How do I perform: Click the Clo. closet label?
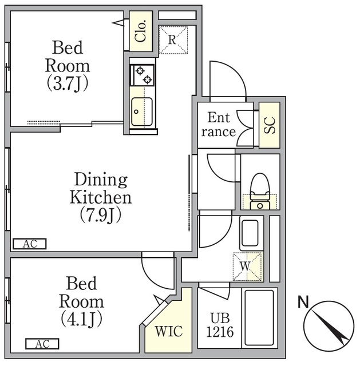pyautogui.click(x=141, y=31)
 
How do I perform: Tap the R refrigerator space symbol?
pyautogui.click(x=173, y=40)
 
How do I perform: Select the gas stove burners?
pyautogui.click(x=142, y=75)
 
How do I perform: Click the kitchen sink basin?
pyautogui.click(x=142, y=112)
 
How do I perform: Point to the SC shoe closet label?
pyautogui.click(x=270, y=125)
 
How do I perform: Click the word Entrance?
pyautogui.click(x=219, y=125)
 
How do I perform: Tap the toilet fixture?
pyautogui.click(x=260, y=192)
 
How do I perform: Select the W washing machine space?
pyautogui.click(x=247, y=266)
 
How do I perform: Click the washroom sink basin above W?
pyautogui.click(x=250, y=233)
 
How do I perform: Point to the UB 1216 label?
pyautogui.click(x=220, y=325)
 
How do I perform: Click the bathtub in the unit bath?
pyautogui.click(x=259, y=318)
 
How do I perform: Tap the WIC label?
pyautogui.click(x=169, y=331)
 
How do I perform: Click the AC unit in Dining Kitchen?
pyautogui.click(x=30, y=244)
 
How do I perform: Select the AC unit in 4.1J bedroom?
pyautogui.click(x=42, y=344)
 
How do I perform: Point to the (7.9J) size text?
pyautogui.click(x=101, y=215)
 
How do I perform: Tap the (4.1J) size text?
pyautogui.click(x=81, y=319)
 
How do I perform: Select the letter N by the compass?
pyautogui.click(x=303, y=301)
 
